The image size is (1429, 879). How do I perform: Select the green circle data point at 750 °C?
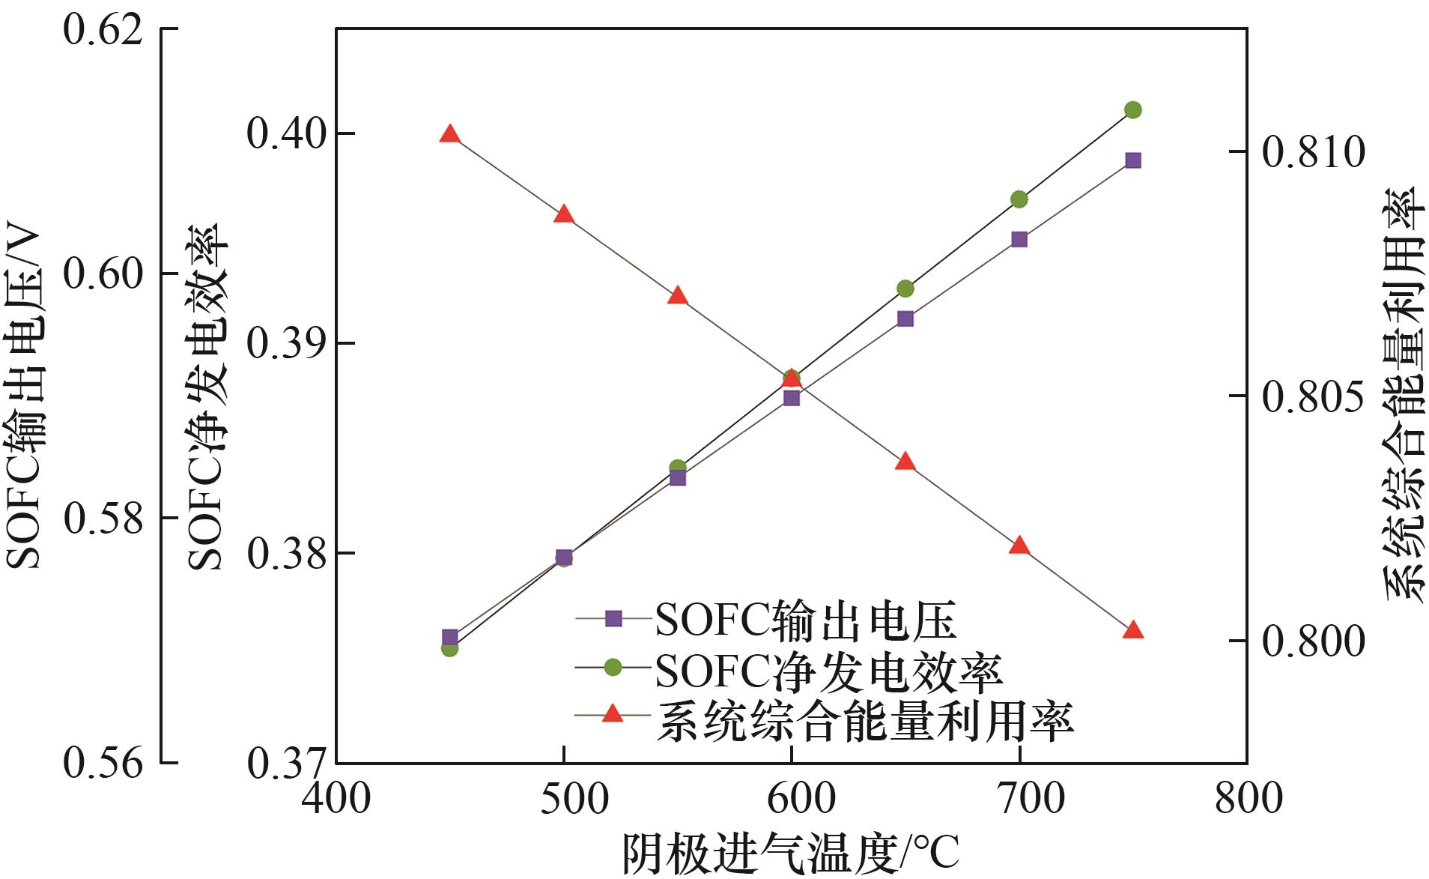pos(1132,110)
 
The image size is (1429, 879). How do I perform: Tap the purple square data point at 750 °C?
pos(1132,160)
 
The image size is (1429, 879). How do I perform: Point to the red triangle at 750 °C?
pos(1133,630)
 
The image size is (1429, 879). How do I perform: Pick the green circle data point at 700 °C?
pos(1019,199)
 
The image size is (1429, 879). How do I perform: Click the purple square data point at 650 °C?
pos(905,319)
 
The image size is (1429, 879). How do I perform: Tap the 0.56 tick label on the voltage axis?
pos(103,763)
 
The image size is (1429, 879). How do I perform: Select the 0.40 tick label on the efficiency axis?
pos(287,134)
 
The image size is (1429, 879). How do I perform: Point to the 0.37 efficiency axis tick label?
pos(287,763)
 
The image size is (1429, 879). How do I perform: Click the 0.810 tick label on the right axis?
pos(1313,152)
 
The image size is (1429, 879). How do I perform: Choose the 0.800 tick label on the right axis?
pos(1313,641)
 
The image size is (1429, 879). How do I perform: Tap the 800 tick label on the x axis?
pos(1248,799)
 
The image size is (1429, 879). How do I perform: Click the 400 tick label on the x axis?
pos(336,799)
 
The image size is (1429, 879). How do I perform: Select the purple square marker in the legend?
pos(613,619)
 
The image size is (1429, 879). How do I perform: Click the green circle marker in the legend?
pos(613,667)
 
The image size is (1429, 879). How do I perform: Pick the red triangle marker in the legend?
pos(613,714)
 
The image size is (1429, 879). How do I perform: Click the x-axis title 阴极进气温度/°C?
pos(790,853)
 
